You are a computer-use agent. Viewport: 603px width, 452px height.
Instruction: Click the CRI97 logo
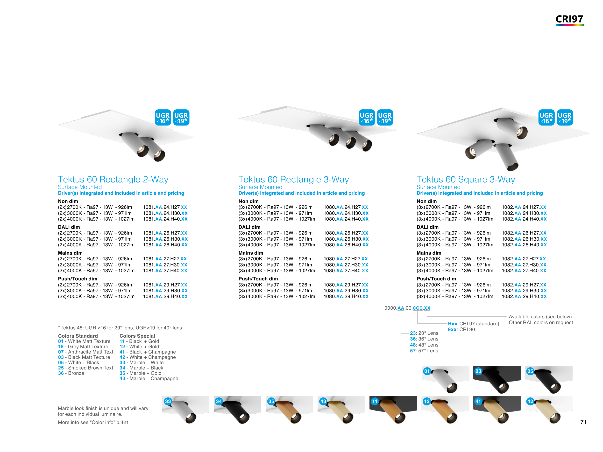[569, 19]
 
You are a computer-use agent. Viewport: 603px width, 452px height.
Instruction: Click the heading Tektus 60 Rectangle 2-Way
[113, 179]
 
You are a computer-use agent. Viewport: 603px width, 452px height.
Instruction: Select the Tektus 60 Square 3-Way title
[466, 179]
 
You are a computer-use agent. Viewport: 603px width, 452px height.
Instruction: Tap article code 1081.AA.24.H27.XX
[165, 207]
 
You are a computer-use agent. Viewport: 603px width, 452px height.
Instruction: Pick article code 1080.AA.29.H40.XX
[346, 296]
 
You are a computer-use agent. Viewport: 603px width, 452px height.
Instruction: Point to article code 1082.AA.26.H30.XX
[524, 239]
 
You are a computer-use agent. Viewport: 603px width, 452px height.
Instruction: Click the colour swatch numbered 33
[185, 410]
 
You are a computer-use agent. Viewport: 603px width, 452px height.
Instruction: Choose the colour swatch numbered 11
[393, 410]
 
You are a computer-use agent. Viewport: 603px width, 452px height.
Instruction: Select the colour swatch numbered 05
[548, 380]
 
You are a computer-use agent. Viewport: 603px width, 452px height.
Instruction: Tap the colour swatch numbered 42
[548, 410]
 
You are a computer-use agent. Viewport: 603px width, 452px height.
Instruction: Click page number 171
[582, 422]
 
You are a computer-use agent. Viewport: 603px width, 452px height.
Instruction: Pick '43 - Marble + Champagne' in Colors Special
[149, 378]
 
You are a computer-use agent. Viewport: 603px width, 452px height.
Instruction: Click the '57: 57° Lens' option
[424, 351]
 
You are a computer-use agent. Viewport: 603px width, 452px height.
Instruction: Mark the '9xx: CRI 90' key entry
[461, 329]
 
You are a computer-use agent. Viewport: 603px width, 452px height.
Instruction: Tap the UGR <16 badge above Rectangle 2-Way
[163, 118]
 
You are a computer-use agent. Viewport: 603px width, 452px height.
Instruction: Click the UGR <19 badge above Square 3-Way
[565, 118]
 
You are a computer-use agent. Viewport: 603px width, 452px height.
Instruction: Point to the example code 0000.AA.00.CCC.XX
[407, 308]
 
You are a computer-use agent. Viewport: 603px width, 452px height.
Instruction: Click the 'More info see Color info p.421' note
[93, 422]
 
